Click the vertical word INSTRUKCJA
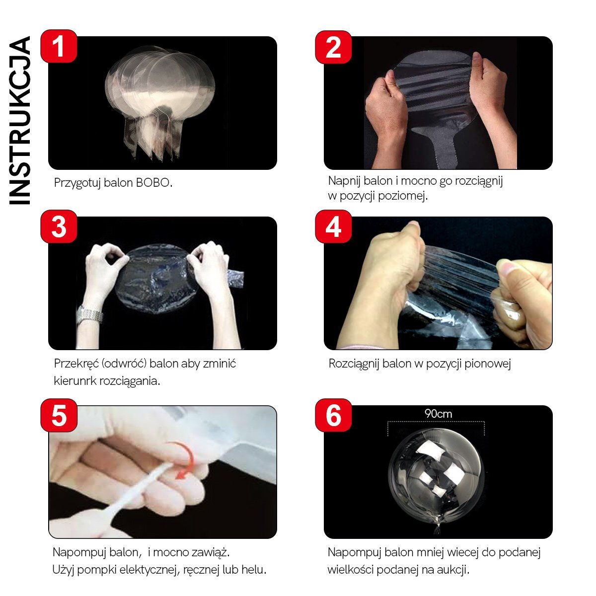(19, 120)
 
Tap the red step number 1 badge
(59, 46)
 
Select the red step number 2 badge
(333, 47)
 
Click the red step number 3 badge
(59, 226)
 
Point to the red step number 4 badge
(333, 226)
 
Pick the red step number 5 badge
(59, 415)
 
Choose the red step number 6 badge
(333, 415)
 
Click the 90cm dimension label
(438, 414)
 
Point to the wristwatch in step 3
(90, 314)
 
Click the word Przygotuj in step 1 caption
(77, 183)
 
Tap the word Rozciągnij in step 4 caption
(354, 364)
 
